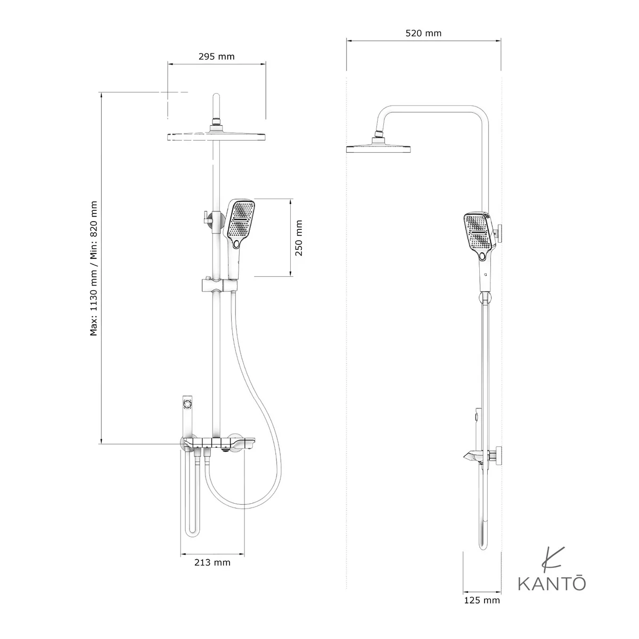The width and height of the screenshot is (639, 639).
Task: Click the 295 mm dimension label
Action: (217, 56)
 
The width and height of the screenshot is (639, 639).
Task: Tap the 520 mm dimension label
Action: (423, 34)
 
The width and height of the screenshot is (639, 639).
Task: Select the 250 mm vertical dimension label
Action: (299, 237)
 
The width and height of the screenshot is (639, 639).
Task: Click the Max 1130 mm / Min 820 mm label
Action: (94, 268)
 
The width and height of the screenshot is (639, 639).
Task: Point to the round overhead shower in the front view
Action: (217, 137)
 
